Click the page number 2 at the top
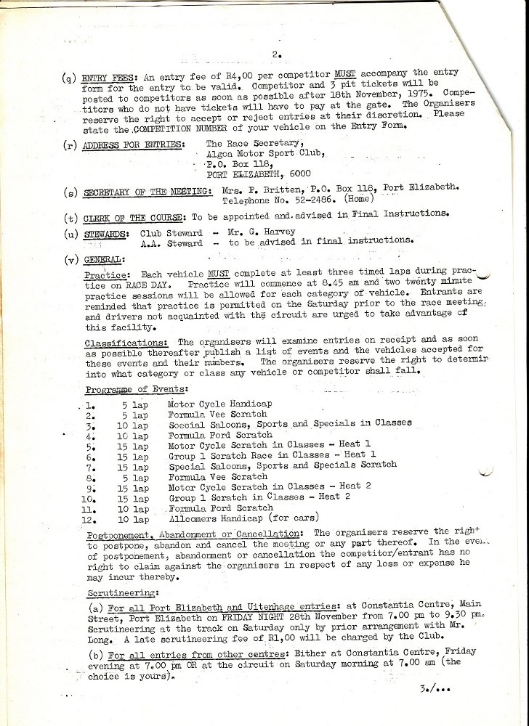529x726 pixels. [x=276, y=54]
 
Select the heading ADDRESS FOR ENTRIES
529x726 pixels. [x=132, y=144]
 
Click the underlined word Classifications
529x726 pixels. [x=128, y=342]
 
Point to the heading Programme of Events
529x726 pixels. [x=136, y=390]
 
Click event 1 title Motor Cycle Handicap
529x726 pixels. [x=219, y=404]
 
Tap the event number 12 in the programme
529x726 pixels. [x=91, y=520]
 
